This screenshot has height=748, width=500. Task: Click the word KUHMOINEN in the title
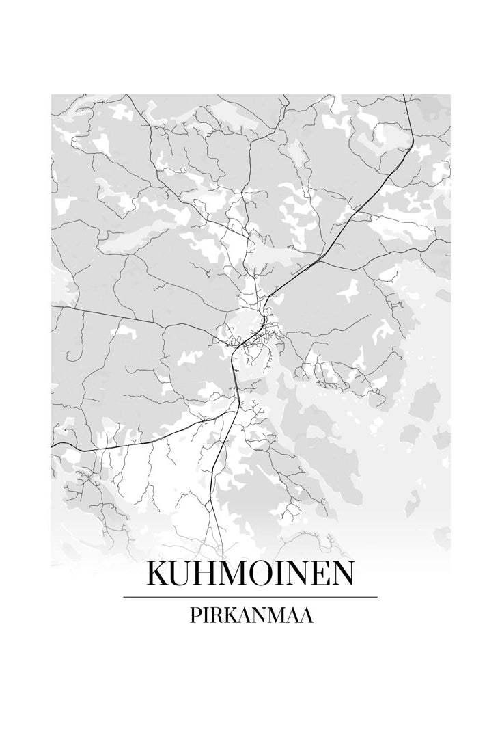(x=250, y=574)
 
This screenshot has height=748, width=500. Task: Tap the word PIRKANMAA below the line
(x=250, y=616)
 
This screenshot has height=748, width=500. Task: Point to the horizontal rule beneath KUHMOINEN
(x=250, y=597)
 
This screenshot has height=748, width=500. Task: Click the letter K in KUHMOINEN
(x=159, y=574)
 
